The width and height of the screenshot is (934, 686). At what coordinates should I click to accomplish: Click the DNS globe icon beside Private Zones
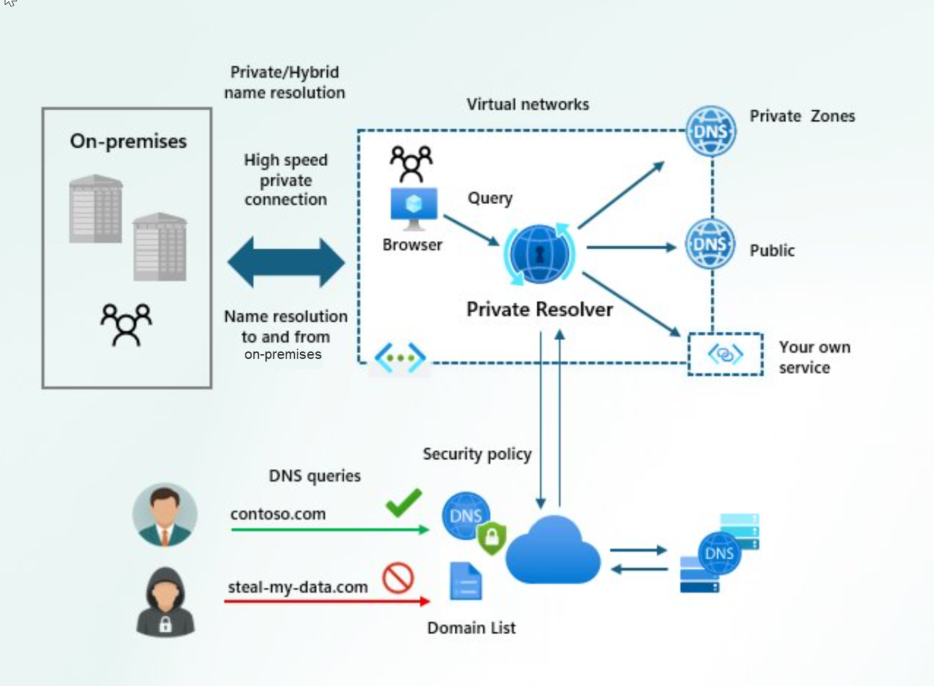tap(711, 131)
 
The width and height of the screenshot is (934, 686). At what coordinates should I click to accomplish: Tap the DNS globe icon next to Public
tap(710, 244)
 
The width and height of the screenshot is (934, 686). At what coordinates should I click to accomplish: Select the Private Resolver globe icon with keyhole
tap(539, 254)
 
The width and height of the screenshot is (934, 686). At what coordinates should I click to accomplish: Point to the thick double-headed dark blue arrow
tap(286, 262)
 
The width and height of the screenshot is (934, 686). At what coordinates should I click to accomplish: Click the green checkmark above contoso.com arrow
tap(404, 502)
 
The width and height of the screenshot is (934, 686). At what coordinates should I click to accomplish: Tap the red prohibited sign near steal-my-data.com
tap(398, 578)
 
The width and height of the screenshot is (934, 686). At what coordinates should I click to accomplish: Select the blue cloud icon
tap(553, 550)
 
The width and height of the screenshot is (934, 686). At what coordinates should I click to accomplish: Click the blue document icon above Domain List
tap(466, 581)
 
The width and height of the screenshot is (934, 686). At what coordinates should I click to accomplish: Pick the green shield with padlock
tap(492, 538)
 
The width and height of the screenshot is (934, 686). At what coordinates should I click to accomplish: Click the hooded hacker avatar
tap(165, 602)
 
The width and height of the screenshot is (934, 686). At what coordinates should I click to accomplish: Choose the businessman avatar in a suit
tap(165, 515)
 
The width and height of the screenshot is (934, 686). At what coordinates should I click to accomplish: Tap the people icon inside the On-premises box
tap(126, 325)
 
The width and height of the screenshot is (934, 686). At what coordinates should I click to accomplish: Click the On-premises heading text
tap(129, 141)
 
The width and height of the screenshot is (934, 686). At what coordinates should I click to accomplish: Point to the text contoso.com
tap(278, 514)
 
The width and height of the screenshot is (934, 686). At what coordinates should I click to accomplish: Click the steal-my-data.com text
tap(298, 587)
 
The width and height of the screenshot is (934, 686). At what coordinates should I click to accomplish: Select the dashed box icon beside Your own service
tap(726, 353)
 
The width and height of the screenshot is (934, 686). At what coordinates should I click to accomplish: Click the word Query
tap(490, 198)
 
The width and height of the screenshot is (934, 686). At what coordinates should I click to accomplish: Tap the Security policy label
tap(477, 454)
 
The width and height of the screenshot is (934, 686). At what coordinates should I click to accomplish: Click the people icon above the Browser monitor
tap(411, 163)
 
